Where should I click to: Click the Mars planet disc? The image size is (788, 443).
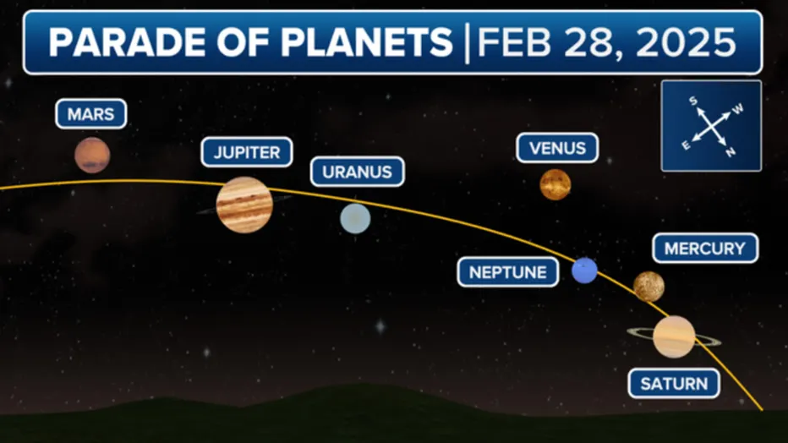[92, 155]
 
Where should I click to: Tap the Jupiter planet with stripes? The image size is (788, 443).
[244, 205]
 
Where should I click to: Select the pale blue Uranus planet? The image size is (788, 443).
[355, 218]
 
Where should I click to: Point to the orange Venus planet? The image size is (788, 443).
[555, 184]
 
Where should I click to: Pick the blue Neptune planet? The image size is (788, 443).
[584, 271]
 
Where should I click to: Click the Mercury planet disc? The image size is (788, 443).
[648, 287]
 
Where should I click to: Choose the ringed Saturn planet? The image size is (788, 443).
[674, 336]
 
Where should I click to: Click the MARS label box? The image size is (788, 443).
[91, 114]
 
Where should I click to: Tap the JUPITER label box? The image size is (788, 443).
[247, 152]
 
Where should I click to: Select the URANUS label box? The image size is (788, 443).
[357, 172]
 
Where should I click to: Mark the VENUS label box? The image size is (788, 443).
[557, 148]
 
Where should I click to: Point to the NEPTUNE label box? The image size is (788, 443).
[508, 272]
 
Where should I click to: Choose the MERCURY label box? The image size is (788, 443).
[705, 249]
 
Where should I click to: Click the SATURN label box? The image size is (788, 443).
[674, 384]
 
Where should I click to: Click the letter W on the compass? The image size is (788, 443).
[737, 108]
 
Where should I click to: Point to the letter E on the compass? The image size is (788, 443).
[686, 145]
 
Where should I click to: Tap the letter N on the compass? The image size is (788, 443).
[731, 153]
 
